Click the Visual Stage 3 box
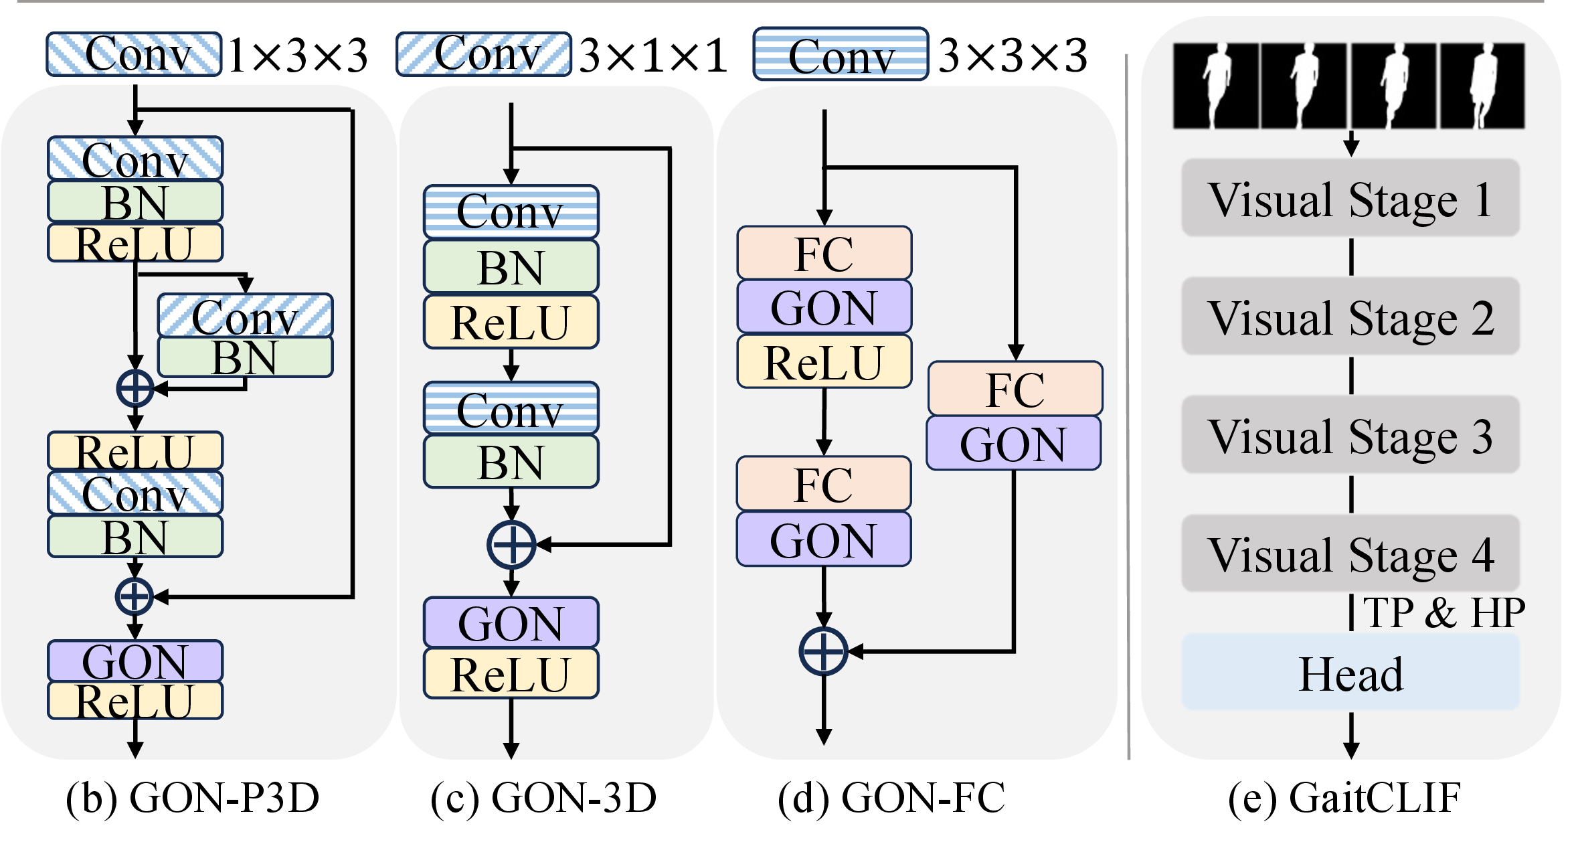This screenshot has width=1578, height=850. click(x=1350, y=435)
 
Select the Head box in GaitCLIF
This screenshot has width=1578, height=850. click(x=1350, y=673)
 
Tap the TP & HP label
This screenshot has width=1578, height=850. click(x=1443, y=612)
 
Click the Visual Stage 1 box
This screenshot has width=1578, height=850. click(x=1350, y=198)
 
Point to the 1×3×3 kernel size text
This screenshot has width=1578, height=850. click(x=298, y=55)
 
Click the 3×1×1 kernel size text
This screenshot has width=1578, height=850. click(x=653, y=55)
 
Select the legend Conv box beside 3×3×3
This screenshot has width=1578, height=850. click(x=841, y=55)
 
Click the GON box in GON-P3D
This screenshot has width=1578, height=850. click(x=135, y=661)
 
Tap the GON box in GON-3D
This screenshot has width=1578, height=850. click(x=511, y=622)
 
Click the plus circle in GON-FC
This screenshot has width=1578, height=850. click(x=823, y=651)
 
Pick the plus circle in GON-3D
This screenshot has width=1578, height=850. click(x=511, y=544)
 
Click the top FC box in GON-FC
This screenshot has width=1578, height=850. click(x=824, y=253)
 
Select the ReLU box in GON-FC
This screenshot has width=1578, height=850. click(x=824, y=362)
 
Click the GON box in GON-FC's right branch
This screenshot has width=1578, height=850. click(x=1013, y=443)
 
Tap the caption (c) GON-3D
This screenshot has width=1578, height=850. click(x=543, y=798)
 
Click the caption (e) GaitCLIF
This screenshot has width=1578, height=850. click(x=1344, y=798)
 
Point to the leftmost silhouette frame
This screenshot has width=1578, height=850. click(x=1216, y=86)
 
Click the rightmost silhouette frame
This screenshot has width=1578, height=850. click(x=1482, y=86)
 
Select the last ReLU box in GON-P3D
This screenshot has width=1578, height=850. click(x=135, y=701)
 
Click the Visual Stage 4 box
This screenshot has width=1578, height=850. click(x=1350, y=554)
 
